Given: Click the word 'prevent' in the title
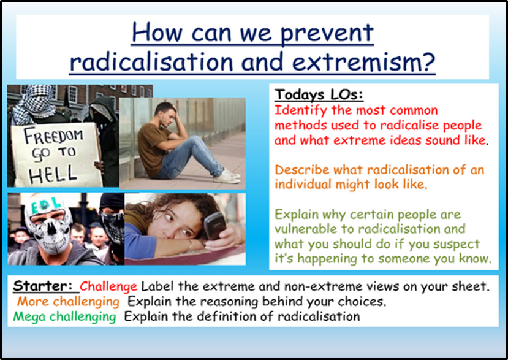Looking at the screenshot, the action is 327,33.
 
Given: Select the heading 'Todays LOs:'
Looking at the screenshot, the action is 319,94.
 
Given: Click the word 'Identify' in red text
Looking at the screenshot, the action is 300,111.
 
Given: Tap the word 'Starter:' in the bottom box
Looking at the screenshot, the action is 43,286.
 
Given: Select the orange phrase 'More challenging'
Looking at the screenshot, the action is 69,302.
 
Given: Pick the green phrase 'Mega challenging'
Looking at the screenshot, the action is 64,316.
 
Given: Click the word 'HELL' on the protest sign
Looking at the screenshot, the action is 53,175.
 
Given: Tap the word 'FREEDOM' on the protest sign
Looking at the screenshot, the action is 53,136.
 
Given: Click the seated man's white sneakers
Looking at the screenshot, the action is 227,177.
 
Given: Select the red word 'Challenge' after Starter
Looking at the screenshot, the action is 108,286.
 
